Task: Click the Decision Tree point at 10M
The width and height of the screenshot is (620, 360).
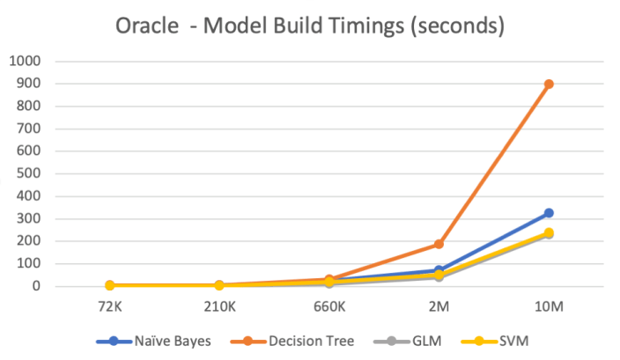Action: click(x=548, y=84)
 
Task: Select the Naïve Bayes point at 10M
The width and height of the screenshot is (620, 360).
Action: click(x=548, y=213)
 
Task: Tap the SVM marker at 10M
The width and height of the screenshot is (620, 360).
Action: click(x=548, y=233)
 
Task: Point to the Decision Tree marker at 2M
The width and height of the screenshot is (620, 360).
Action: click(x=438, y=244)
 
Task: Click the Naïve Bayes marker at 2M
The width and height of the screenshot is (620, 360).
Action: click(x=438, y=270)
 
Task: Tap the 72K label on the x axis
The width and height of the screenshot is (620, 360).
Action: click(x=109, y=308)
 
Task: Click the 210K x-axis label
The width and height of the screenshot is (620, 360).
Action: click(x=218, y=308)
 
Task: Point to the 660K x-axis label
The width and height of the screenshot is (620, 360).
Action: click(x=328, y=308)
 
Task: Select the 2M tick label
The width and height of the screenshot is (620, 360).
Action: click(x=438, y=308)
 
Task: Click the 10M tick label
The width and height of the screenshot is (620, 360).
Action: click(x=548, y=308)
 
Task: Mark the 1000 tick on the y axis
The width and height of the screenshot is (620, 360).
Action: click(x=25, y=61)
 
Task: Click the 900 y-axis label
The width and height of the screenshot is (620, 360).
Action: click(x=29, y=84)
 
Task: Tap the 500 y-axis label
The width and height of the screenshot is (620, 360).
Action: click(x=29, y=173)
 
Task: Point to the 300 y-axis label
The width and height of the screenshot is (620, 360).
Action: click(x=29, y=218)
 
